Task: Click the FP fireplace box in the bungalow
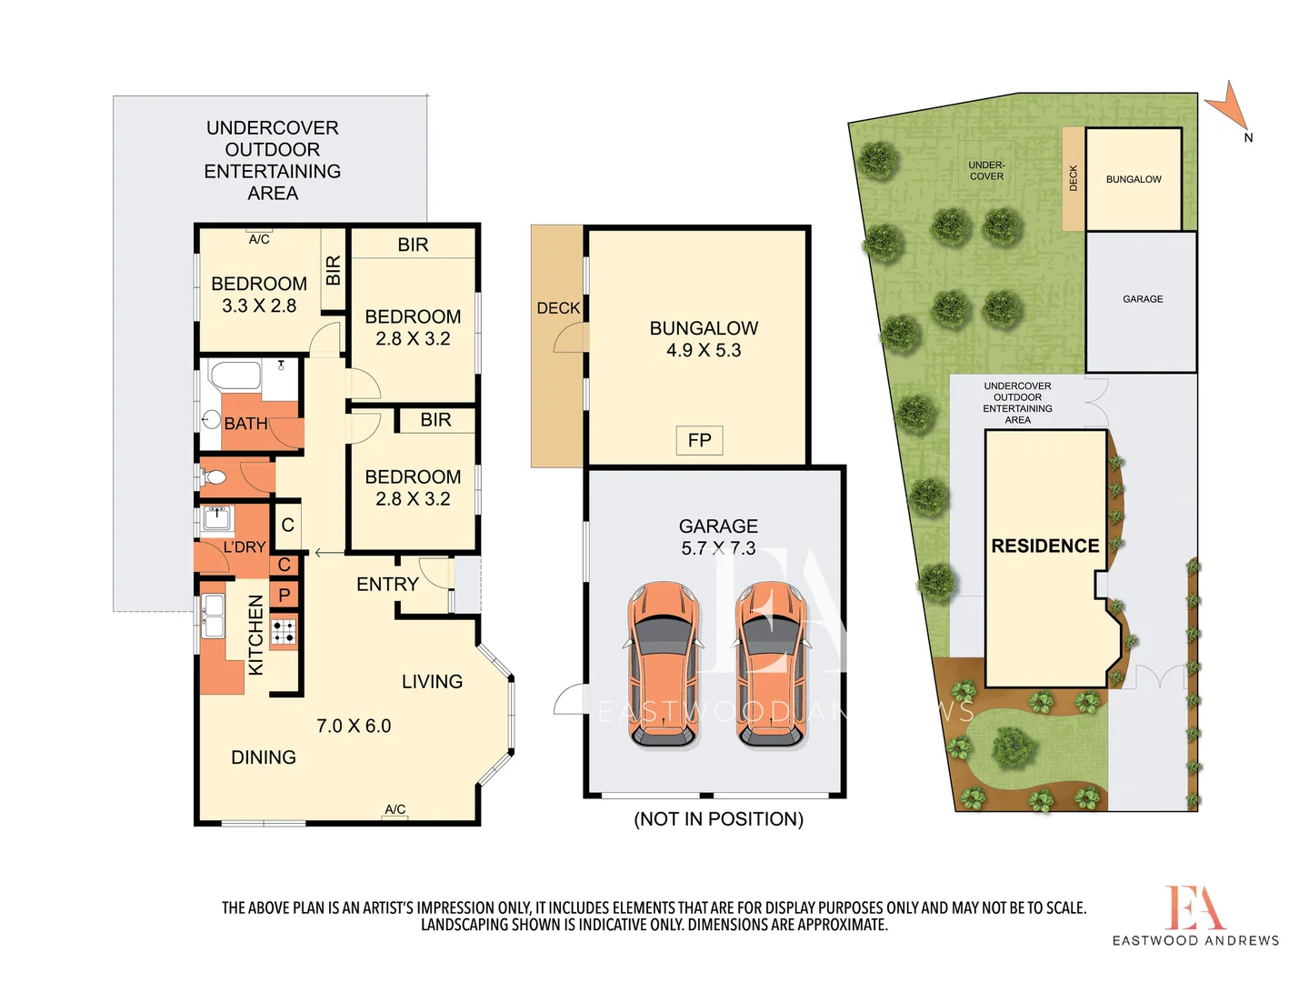click(699, 440)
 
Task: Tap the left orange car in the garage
click(664, 666)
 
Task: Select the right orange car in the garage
click(772, 666)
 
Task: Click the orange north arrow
click(1226, 105)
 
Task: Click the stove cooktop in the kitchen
click(284, 631)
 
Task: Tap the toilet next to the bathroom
click(215, 477)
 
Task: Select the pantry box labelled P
click(285, 596)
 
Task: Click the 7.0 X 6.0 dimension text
click(354, 726)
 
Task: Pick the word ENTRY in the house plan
click(387, 584)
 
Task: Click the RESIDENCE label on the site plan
click(1044, 546)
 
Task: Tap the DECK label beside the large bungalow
click(557, 308)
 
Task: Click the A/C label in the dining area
click(395, 809)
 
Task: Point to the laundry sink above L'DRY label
click(216, 518)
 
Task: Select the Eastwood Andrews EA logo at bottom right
click(1194, 909)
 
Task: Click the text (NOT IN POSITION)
click(718, 819)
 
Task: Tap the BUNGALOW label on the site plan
click(1134, 179)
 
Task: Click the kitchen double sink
click(214, 616)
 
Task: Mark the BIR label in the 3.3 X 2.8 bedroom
click(333, 270)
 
